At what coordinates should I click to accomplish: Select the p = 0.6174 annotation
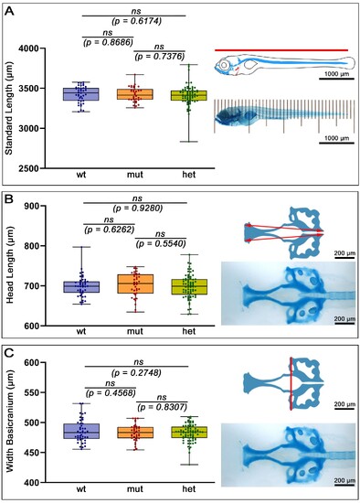click(x=136, y=22)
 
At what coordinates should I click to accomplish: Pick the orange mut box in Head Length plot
click(x=135, y=284)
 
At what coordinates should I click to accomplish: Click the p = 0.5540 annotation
click(x=161, y=244)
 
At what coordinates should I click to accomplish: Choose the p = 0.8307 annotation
click(x=162, y=407)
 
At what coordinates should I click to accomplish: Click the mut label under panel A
click(x=135, y=175)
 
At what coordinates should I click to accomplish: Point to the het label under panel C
click(x=188, y=489)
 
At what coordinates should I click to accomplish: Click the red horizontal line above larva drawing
click(x=281, y=50)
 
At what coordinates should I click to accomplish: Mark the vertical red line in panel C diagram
click(x=291, y=384)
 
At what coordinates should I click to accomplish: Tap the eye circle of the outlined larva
click(x=225, y=66)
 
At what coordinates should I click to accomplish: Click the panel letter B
click(x=10, y=200)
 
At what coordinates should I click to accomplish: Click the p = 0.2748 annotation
click(x=136, y=373)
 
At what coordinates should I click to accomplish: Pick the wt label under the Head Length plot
click(x=81, y=331)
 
